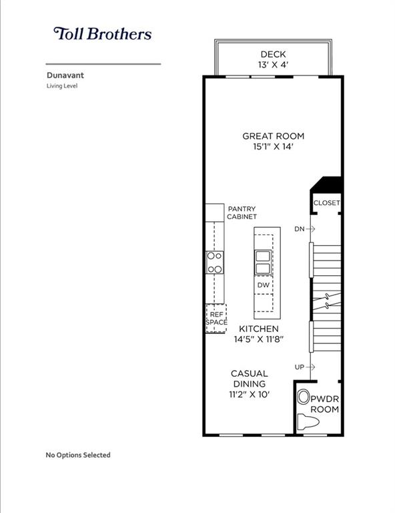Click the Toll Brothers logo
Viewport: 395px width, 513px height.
point(102,34)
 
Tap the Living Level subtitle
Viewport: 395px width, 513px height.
point(62,86)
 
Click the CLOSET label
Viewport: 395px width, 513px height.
point(326,203)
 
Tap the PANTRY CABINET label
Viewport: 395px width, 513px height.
point(242,212)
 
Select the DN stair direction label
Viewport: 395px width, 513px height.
point(300,229)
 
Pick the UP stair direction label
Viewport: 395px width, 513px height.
point(300,367)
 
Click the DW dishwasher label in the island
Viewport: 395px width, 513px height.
point(264,285)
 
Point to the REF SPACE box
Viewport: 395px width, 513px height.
point(216,318)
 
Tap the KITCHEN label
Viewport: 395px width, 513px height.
point(259,329)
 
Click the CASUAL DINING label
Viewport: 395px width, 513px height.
point(250,379)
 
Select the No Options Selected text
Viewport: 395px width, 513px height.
point(78,455)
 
